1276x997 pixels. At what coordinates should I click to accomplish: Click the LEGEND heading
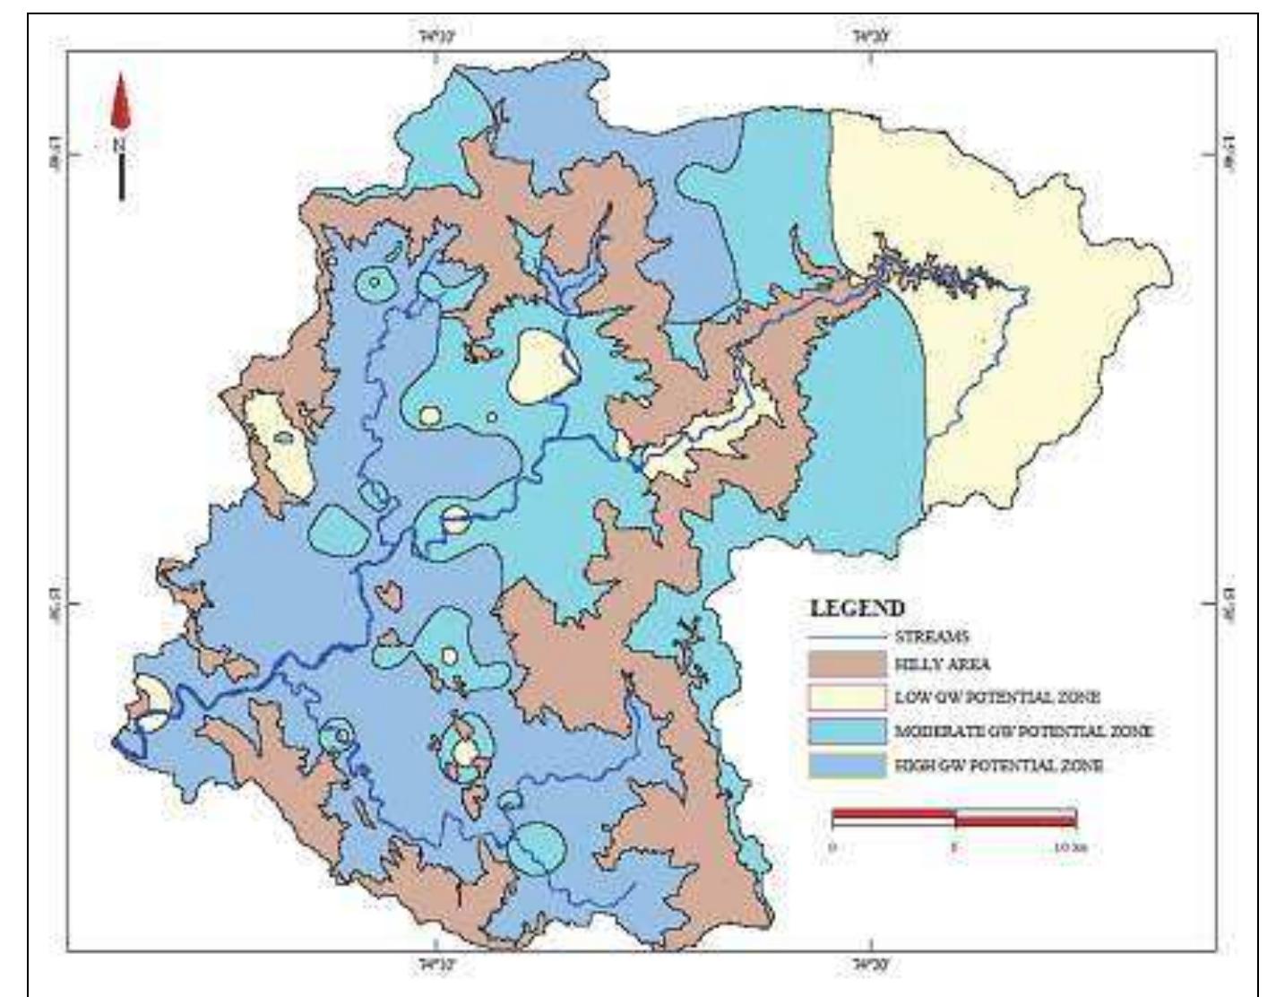pyautogui.click(x=857, y=608)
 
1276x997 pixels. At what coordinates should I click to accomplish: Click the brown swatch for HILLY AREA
pyautogui.click(x=847, y=665)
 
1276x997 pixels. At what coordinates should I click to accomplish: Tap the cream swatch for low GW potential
pyautogui.click(x=847, y=698)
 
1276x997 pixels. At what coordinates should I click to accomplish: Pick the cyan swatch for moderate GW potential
pyautogui.click(x=847, y=731)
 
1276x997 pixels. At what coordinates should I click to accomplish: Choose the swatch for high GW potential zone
pyautogui.click(x=847, y=765)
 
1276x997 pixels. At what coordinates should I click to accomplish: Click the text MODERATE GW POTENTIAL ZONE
pyautogui.click(x=1023, y=732)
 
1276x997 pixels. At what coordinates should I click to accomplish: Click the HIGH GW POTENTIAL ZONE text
pyautogui.click(x=998, y=766)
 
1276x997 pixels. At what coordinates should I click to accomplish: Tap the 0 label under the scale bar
pyautogui.click(x=832, y=847)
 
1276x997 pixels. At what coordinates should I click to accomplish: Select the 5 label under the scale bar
pyautogui.click(x=955, y=847)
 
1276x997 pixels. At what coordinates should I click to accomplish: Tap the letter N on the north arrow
pyautogui.click(x=121, y=143)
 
